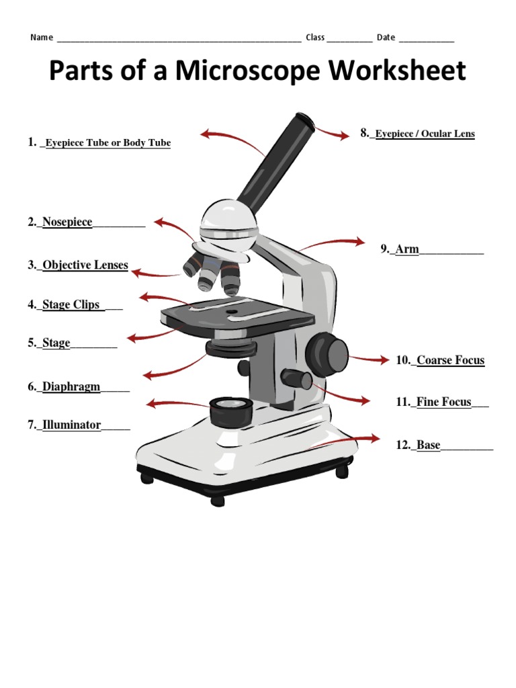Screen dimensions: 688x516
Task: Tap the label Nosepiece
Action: [x=67, y=222]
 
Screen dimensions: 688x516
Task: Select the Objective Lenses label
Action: [x=85, y=265]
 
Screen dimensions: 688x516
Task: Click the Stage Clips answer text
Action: [x=71, y=305]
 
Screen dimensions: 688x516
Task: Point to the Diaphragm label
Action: [x=71, y=387]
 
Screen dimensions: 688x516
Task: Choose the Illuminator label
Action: [x=71, y=425]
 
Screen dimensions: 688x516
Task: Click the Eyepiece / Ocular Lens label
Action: [x=425, y=134]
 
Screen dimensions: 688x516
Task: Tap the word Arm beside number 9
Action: [x=407, y=250]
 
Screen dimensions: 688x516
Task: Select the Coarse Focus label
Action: [x=450, y=361]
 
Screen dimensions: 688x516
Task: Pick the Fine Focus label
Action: [x=443, y=402]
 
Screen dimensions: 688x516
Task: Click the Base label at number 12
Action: [x=429, y=445]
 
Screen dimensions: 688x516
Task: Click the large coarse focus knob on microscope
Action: [x=327, y=351]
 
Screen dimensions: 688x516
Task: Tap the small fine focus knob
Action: [x=296, y=378]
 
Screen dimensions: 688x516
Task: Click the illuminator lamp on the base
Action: [x=230, y=411]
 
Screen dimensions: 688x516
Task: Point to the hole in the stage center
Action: [x=232, y=312]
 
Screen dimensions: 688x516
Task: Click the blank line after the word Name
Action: [x=179, y=38]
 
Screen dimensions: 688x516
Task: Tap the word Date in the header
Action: [x=386, y=38]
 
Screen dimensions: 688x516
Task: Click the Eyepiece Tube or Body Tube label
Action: [x=107, y=143]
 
